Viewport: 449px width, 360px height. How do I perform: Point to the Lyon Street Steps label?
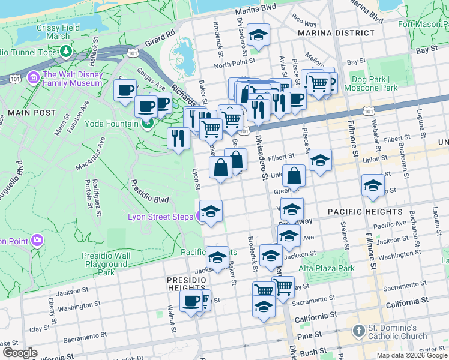pyautogui.click(x=160, y=217)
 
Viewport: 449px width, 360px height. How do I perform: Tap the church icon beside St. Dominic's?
pyautogui.click(x=358, y=331)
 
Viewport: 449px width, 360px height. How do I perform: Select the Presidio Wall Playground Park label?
pyautogui.click(x=106, y=263)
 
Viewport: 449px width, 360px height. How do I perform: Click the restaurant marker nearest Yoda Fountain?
pyautogui.click(x=178, y=139)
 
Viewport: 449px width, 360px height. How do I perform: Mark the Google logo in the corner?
pyautogui.click(x=20, y=353)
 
